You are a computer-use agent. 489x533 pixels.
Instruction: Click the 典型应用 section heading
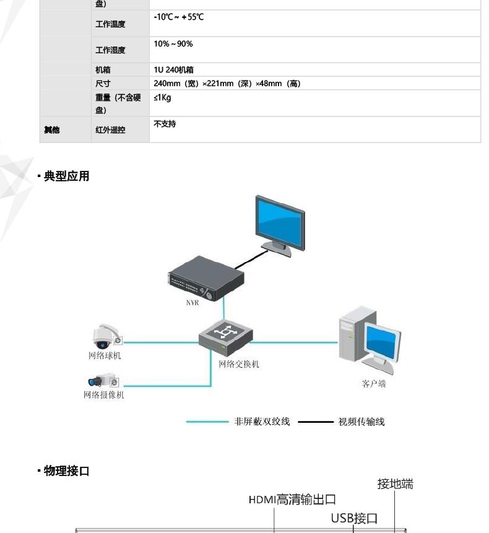click(x=66, y=176)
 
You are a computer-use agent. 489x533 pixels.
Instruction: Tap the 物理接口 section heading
click(x=66, y=471)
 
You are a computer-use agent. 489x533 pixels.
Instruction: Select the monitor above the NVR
click(x=280, y=223)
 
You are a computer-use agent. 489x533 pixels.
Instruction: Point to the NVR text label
click(x=193, y=303)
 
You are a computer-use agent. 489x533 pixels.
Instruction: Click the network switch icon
click(x=226, y=334)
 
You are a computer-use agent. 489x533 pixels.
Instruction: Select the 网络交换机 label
click(x=239, y=364)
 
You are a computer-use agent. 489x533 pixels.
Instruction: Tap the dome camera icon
click(x=103, y=336)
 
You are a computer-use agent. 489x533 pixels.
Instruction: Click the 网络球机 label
click(x=105, y=356)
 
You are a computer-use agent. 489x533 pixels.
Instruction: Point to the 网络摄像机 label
click(x=104, y=395)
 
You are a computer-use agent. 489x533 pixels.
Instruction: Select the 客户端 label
click(x=374, y=384)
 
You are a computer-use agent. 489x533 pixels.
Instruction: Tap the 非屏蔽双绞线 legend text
click(x=262, y=422)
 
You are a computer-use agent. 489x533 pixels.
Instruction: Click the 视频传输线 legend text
click(x=361, y=422)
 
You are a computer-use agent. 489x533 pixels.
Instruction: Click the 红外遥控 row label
click(x=110, y=130)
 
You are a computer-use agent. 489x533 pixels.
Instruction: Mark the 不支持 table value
click(x=165, y=124)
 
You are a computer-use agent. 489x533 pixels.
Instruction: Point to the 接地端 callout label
click(x=395, y=484)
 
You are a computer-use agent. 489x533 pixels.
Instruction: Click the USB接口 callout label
click(x=354, y=518)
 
